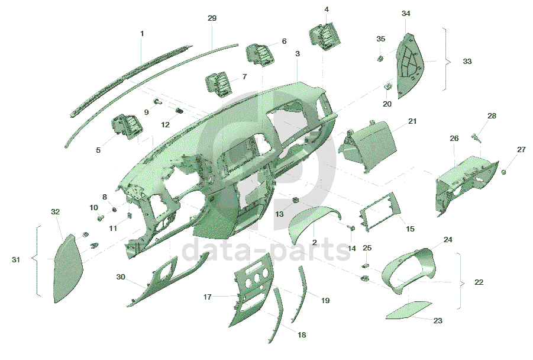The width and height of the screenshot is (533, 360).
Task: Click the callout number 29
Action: pos(212,18)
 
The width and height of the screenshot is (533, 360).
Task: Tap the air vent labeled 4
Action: pos(325,36)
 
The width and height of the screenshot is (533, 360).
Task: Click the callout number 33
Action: pos(467,61)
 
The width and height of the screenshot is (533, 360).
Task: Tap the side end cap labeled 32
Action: pos(67,269)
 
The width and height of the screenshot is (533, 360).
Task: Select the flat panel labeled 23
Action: pos(409,311)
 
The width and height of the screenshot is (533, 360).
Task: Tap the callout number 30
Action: pos(121,277)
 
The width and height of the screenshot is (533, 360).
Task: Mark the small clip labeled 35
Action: pos(380,58)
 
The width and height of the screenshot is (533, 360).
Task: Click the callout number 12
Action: pos(165,125)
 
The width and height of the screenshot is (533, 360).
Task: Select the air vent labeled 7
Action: pos(218,83)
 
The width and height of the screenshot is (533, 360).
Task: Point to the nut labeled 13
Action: pos(296,200)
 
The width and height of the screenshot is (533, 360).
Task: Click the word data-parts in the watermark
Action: pos(267,250)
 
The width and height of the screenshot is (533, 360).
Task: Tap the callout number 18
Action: pos(302,335)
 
